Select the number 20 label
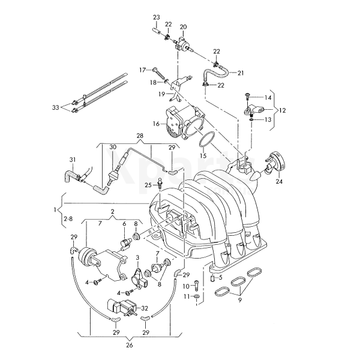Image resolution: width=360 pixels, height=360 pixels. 183,27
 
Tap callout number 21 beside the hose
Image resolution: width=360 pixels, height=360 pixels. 241,73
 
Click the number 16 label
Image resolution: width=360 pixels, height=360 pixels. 155,124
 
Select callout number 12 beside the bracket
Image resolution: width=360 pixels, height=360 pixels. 283,110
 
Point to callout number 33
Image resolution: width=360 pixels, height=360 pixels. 55,108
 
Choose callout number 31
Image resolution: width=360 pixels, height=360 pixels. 73,159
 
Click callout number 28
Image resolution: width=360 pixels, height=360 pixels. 140,137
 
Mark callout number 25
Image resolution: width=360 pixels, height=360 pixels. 148,185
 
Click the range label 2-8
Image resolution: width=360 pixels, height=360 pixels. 68,220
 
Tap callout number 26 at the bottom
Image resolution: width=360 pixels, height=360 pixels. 130,344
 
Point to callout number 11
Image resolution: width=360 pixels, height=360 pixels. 187,296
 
